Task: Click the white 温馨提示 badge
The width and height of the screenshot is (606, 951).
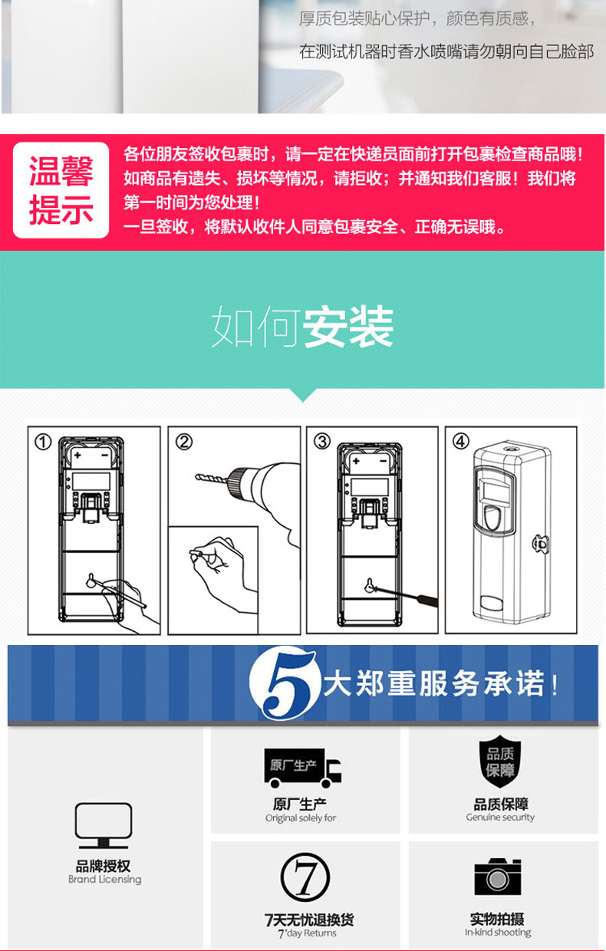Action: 61,190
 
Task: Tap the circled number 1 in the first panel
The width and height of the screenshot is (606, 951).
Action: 43,442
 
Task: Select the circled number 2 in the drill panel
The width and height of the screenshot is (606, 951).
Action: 184,442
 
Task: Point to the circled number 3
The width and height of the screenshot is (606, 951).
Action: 322,442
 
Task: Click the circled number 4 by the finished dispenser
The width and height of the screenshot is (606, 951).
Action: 461,442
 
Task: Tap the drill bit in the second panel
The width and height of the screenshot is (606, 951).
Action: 211,479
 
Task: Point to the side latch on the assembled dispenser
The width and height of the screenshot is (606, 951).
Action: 541,544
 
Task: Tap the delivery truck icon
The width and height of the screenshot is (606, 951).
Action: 303,768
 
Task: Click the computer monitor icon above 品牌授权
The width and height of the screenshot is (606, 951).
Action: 104,826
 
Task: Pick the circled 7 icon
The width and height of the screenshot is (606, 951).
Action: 305,877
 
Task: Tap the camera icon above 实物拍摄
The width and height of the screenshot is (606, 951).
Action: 498,877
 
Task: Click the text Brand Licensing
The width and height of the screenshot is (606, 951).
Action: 104,879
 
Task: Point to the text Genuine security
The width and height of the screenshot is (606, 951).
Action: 500,818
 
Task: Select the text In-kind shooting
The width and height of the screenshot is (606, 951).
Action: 498,933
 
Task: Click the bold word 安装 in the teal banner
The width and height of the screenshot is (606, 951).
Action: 347,327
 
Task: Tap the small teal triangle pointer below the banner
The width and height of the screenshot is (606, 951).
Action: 303,395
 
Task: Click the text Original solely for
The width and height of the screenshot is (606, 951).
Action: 301,818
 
